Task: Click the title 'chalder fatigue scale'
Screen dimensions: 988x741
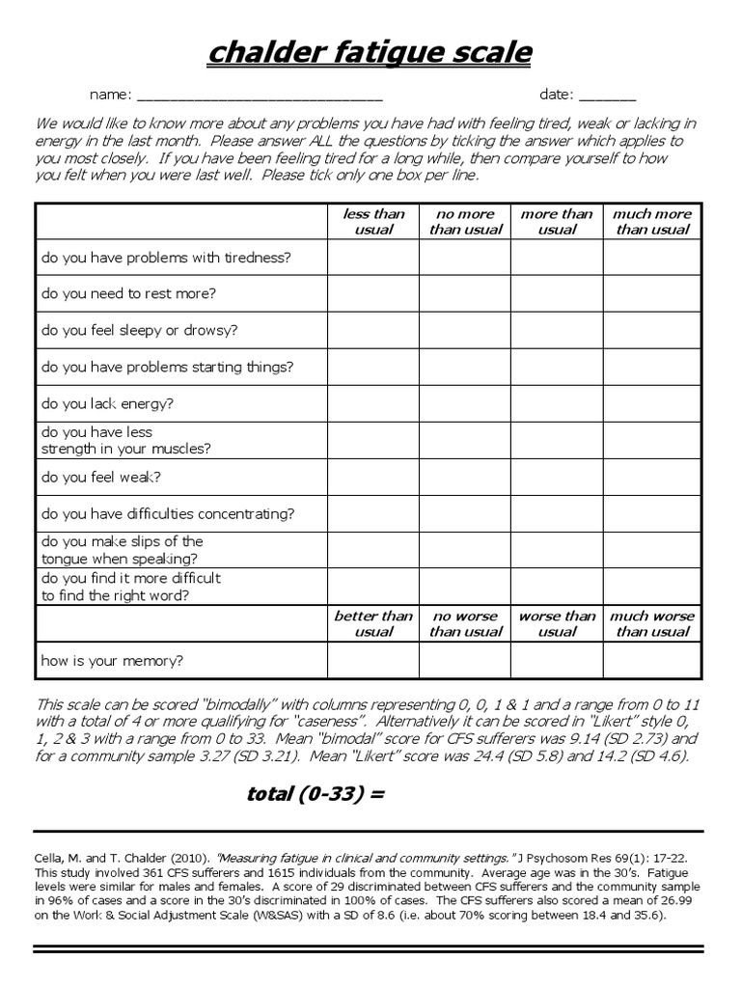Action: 370,53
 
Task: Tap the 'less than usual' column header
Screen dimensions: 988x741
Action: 373,222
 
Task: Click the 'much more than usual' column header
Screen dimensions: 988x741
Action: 652,222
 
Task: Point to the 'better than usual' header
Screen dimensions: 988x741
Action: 373,623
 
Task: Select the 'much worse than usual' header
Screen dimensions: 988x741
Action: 652,623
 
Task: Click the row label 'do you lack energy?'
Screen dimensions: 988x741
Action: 107,403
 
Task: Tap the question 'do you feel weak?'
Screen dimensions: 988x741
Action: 101,477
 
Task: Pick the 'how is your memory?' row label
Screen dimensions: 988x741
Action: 112,661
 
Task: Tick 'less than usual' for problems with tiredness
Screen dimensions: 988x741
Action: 373,258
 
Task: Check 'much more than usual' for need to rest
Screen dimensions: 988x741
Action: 652,293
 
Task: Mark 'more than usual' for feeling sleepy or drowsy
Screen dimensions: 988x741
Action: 557,330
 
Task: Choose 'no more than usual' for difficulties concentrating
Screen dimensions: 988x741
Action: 465,513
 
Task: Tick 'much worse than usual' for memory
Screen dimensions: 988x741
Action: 652,661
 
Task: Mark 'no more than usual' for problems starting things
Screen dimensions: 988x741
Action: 465,367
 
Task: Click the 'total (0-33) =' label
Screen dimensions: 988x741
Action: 316,794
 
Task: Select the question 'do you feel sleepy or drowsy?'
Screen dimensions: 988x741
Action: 139,330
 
